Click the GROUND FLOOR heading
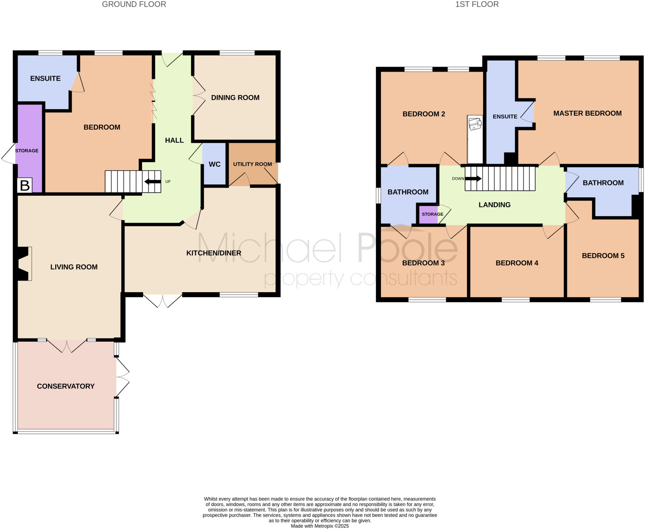[x=134, y=4]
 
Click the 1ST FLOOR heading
[x=477, y=4]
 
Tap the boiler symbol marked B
[x=25, y=185]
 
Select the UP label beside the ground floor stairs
[x=168, y=181]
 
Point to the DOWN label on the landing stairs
[x=458, y=179]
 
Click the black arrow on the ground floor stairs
[x=153, y=181]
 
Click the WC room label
[x=214, y=164]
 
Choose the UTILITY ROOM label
[x=252, y=164]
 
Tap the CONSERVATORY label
[x=66, y=386]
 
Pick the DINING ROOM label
[x=235, y=98]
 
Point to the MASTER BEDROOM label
[x=587, y=113]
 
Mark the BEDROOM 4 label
[x=517, y=263]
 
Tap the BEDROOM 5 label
[x=603, y=256]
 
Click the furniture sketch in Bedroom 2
[x=475, y=124]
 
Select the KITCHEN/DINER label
[x=214, y=253]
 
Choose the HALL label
[x=174, y=140]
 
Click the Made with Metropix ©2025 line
[x=320, y=526]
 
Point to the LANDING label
[x=494, y=205]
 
